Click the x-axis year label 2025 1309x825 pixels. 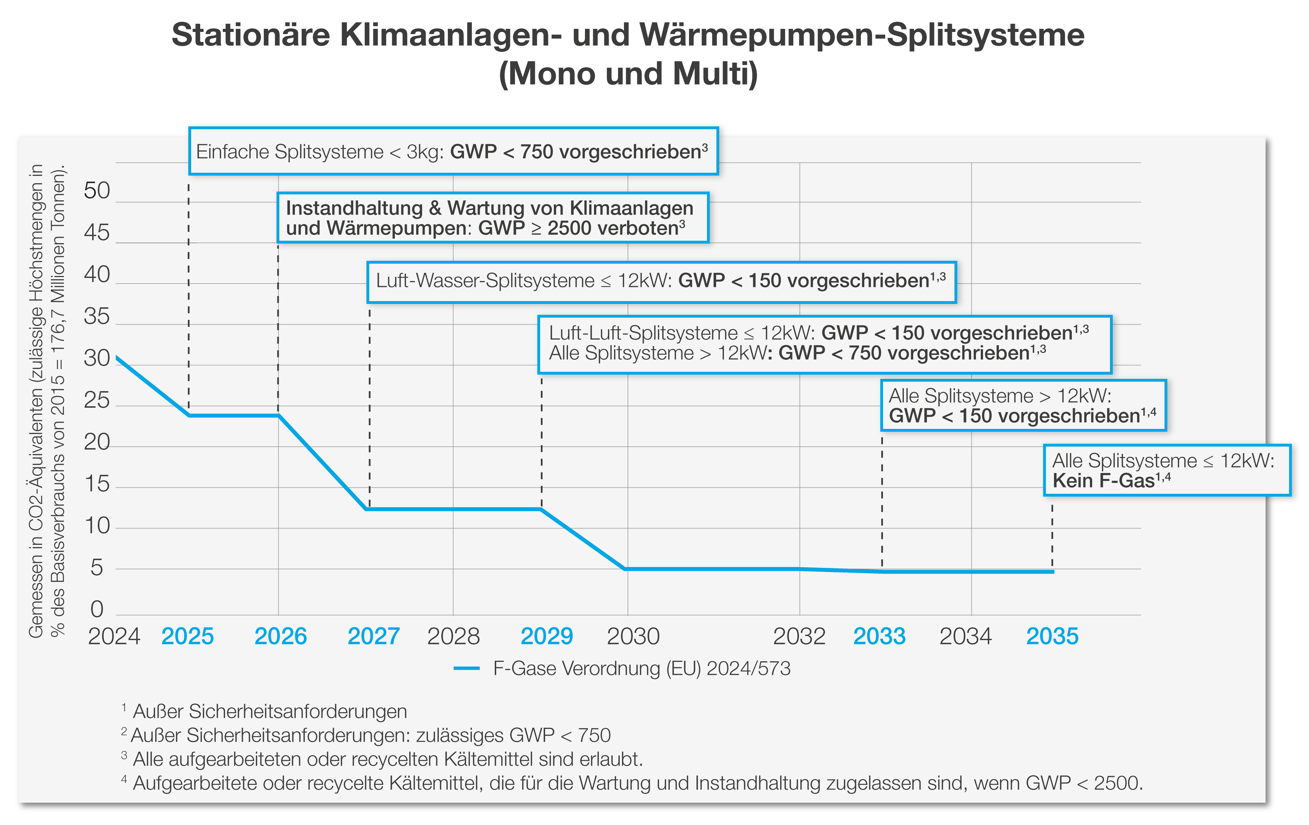(187, 636)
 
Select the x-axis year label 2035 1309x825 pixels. (1052, 636)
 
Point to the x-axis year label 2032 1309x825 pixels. (799, 636)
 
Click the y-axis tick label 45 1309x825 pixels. (97, 233)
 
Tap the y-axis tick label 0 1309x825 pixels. (97, 609)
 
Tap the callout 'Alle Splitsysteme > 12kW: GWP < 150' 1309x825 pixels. (1023, 405)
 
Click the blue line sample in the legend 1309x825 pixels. (466, 668)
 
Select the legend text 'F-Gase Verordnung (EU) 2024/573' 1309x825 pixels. (641, 668)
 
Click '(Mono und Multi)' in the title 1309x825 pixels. (628, 74)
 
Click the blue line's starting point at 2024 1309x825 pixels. (117, 358)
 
